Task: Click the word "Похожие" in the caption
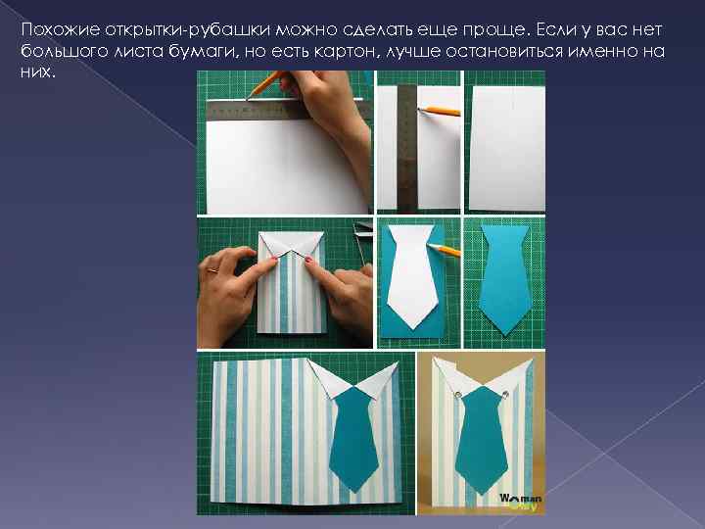(x=61, y=30)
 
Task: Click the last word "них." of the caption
(x=38, y=72)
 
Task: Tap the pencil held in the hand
(x=265, y=83)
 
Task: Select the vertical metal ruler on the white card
(x=407, y=149)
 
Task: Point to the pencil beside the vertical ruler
(x=440, y=111)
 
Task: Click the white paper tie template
(x=411, y=275)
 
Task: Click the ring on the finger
(x=212, y=270)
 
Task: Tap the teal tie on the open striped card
(x=353, y=439)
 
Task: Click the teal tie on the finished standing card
(x=481, y=440)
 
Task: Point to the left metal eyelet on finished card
(x=458, y=395)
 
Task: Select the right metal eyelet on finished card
(x=505, y=395)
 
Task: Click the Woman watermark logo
(x=521, y=502)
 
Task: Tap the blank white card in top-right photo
(x=507, y=149)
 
